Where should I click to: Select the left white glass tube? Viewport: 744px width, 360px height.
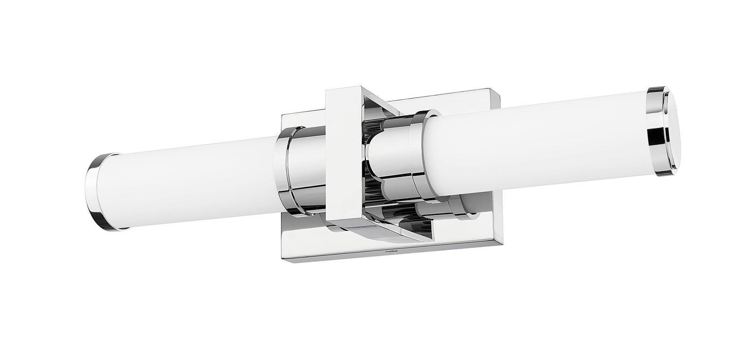pos(190,180)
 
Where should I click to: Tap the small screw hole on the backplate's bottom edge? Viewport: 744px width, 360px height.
pos(389,251)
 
